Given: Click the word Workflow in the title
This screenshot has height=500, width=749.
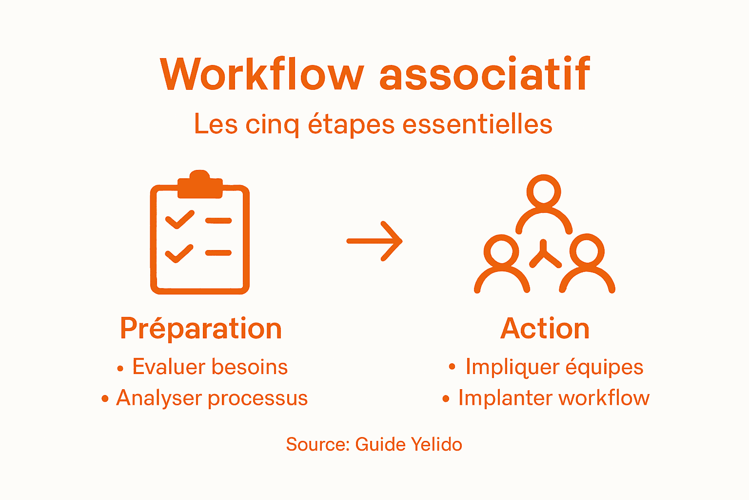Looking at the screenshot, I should point(262,74).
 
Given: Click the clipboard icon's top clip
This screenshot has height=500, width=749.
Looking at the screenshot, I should point(200,185).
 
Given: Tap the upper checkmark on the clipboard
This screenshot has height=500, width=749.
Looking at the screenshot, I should point(179,220).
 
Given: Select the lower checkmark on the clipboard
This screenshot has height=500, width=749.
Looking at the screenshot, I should point(179,253).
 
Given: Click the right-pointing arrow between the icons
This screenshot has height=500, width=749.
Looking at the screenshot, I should point(374,241).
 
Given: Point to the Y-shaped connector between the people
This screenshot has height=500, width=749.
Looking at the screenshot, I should point(545,254).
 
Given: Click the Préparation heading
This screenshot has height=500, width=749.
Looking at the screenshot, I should point(201,328).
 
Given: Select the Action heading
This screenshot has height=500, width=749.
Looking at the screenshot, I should point(545,328).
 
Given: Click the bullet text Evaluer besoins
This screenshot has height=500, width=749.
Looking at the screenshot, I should point(210,367).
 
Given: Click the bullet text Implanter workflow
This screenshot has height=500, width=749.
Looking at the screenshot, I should point(553,398).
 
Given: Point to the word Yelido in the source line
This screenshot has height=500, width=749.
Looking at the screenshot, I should point(436,444).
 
